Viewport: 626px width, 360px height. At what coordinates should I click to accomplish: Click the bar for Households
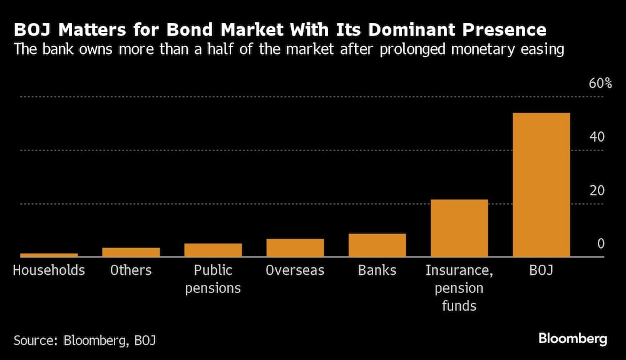tap(49, 255)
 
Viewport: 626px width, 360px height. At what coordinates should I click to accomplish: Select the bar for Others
tap(131, 252)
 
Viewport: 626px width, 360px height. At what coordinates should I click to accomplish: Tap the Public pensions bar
tap(213, 250)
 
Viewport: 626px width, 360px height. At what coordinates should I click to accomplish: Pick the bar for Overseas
tap(295, 248)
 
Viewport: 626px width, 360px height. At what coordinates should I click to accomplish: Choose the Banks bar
tap(377, 245)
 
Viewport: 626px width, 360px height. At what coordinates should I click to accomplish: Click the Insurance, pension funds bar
tap(459, 229)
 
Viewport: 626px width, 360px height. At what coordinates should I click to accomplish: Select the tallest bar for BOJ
tap(541, 185)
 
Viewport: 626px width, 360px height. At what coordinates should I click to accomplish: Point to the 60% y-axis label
tap(600, 83)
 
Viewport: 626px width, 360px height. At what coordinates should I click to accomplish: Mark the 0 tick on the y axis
tap(600, 244)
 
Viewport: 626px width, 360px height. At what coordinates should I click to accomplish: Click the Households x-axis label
tap(49, 270)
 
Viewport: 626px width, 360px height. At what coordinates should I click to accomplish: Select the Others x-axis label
tap(131, 270)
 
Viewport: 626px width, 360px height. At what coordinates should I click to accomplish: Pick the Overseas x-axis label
tap(295, 270)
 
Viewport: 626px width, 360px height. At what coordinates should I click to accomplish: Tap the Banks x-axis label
tap(377, 270)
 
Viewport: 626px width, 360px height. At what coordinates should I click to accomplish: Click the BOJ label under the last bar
tap(541, 270)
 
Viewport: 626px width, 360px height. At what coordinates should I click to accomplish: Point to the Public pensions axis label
tap(213, 279)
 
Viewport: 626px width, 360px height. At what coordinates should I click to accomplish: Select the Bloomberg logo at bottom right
tap(573, 339)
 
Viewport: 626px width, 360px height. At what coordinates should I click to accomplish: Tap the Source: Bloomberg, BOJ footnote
tap(85, 341)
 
